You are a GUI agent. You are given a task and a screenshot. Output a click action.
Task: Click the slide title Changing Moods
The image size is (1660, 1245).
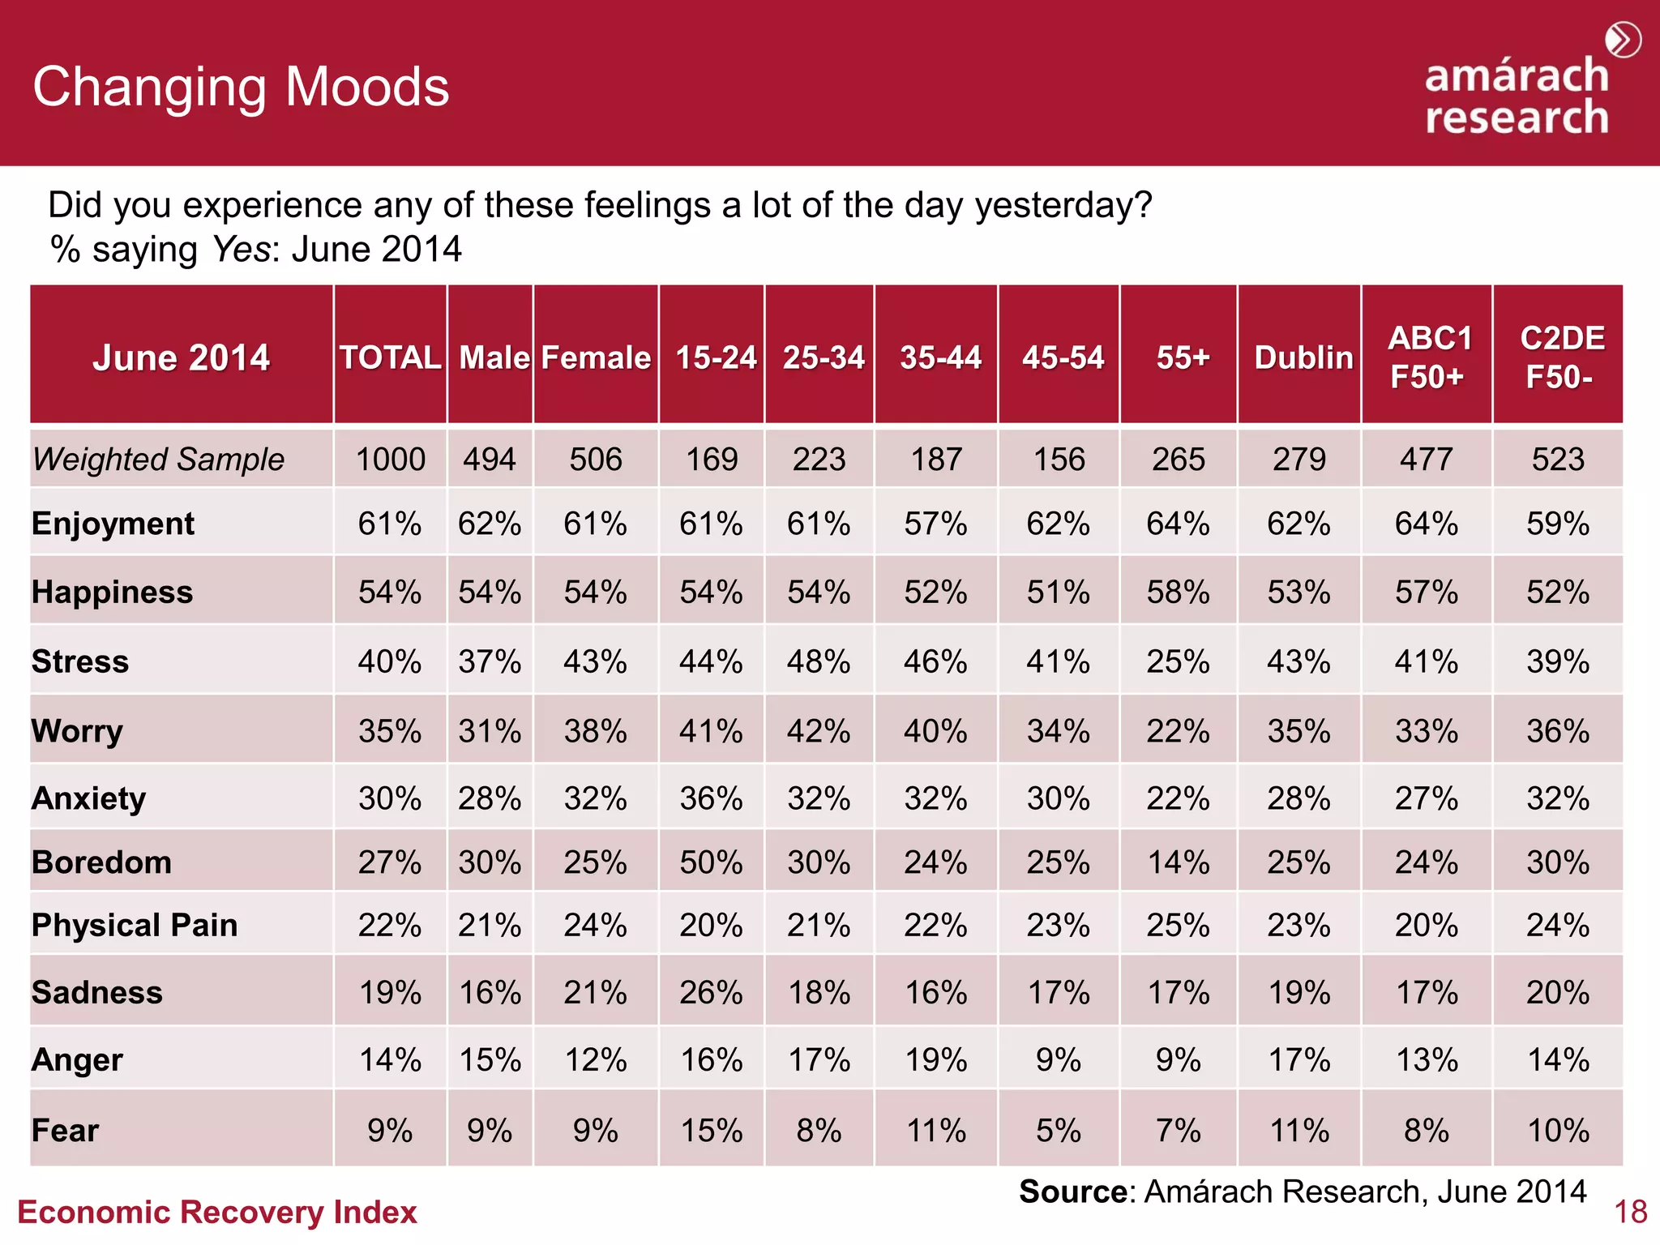click(x=241, y=87)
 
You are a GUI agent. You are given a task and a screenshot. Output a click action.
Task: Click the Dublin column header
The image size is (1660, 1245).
click(x=1303, y=357)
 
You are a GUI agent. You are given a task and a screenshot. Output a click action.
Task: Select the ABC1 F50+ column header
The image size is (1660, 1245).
click(x=1428, y=357)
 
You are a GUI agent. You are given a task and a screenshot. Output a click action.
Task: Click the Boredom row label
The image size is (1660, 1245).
click(x=101, y=862)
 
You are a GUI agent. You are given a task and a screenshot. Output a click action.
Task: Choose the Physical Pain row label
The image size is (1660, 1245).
click(x=135, y=925)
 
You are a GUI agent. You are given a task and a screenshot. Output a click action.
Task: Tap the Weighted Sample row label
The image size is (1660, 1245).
click(x=159, y=460)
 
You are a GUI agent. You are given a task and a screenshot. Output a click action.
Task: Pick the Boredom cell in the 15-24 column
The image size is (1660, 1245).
click(x=711, y=862)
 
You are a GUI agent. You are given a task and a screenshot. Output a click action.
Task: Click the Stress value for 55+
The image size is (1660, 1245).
click(x=1178, y=661)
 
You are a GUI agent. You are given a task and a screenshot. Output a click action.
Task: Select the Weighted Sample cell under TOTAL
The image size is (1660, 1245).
click(x=390, y=460)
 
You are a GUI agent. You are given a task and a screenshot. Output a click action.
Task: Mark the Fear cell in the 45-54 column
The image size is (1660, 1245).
click(x=1058, y=1130)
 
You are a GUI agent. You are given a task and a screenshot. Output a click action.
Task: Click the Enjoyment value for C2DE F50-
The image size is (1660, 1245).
click(x=1557, y=524)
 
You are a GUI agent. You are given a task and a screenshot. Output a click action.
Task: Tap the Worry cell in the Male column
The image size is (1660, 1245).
click(x=490, y=731)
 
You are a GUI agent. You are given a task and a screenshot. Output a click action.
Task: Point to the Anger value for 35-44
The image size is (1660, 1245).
click(x=935, y=1059)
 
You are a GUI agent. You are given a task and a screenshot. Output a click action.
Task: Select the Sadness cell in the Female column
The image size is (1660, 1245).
click(x=595, y=992)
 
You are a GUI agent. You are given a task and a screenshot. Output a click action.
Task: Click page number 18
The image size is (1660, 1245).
click(x=1630, y=1213)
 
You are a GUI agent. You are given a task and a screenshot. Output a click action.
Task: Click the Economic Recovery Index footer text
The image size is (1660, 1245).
click(x=217, y=1213)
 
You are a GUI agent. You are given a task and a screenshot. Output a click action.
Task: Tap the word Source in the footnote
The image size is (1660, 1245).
click(x=1072, y=1192)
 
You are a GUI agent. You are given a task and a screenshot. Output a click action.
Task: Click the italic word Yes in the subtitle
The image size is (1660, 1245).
click(x=240, y=249)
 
